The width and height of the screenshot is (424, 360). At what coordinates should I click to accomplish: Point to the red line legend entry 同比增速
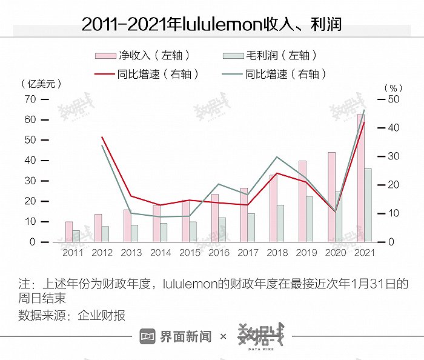click(x=145, y=75)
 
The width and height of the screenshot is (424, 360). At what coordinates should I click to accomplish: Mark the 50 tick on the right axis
click(x=393, y=99)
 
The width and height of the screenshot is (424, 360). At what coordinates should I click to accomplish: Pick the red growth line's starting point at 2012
click(x=102, y=137)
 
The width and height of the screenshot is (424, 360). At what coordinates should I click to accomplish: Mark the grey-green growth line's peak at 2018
click(x=277, y=157)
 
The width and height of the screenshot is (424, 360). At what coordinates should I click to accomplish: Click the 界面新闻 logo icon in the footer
click(x=148, y=336)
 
